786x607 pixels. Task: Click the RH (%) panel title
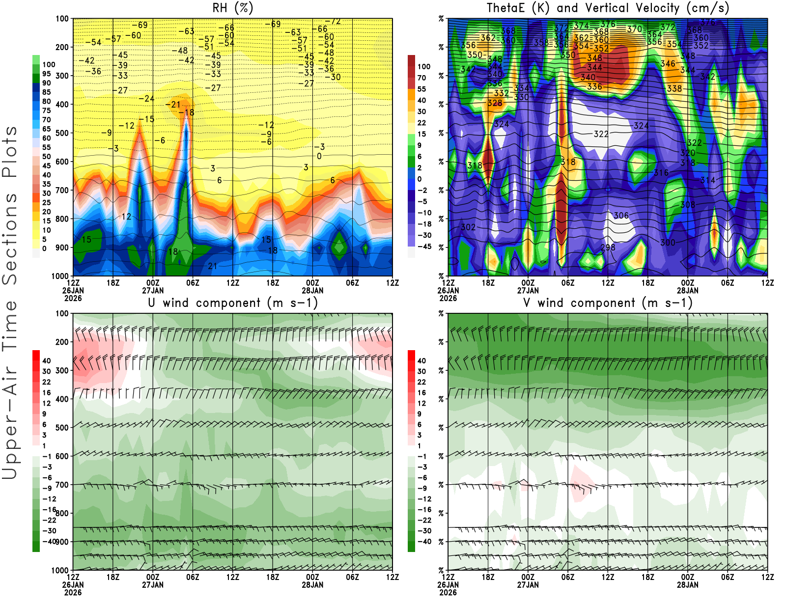[x=233, y=8]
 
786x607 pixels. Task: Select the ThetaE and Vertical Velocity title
[x=608, y=8]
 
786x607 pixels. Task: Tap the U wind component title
[x=233, y=303]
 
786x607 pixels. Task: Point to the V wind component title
[x=608, y=303]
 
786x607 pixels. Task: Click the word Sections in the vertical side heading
[x=10, y=239]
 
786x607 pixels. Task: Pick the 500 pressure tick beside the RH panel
[x=62, y=133]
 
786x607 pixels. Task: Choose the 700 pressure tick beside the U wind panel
[x=62, y=485]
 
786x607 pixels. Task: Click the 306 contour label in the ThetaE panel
[x=621, y=216]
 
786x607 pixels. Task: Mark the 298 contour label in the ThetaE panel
[x=608, y=247]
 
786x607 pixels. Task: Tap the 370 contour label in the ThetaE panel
[x=634, y=29]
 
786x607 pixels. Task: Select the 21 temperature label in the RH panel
[x=213, y=266]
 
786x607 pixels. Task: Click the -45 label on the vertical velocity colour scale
[x=424, y=247]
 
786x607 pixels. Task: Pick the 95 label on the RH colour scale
[x=46, y=74]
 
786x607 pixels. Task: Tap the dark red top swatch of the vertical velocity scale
[x=411, y=61]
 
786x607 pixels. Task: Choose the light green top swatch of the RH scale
[x=36, y=59]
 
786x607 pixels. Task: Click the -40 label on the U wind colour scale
[x=49, y=541]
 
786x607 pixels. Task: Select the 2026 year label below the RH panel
[x=73, y=298]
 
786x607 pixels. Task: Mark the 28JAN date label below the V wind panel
[x=687, y=585]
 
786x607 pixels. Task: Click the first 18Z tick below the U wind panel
[x=113, y=577]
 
